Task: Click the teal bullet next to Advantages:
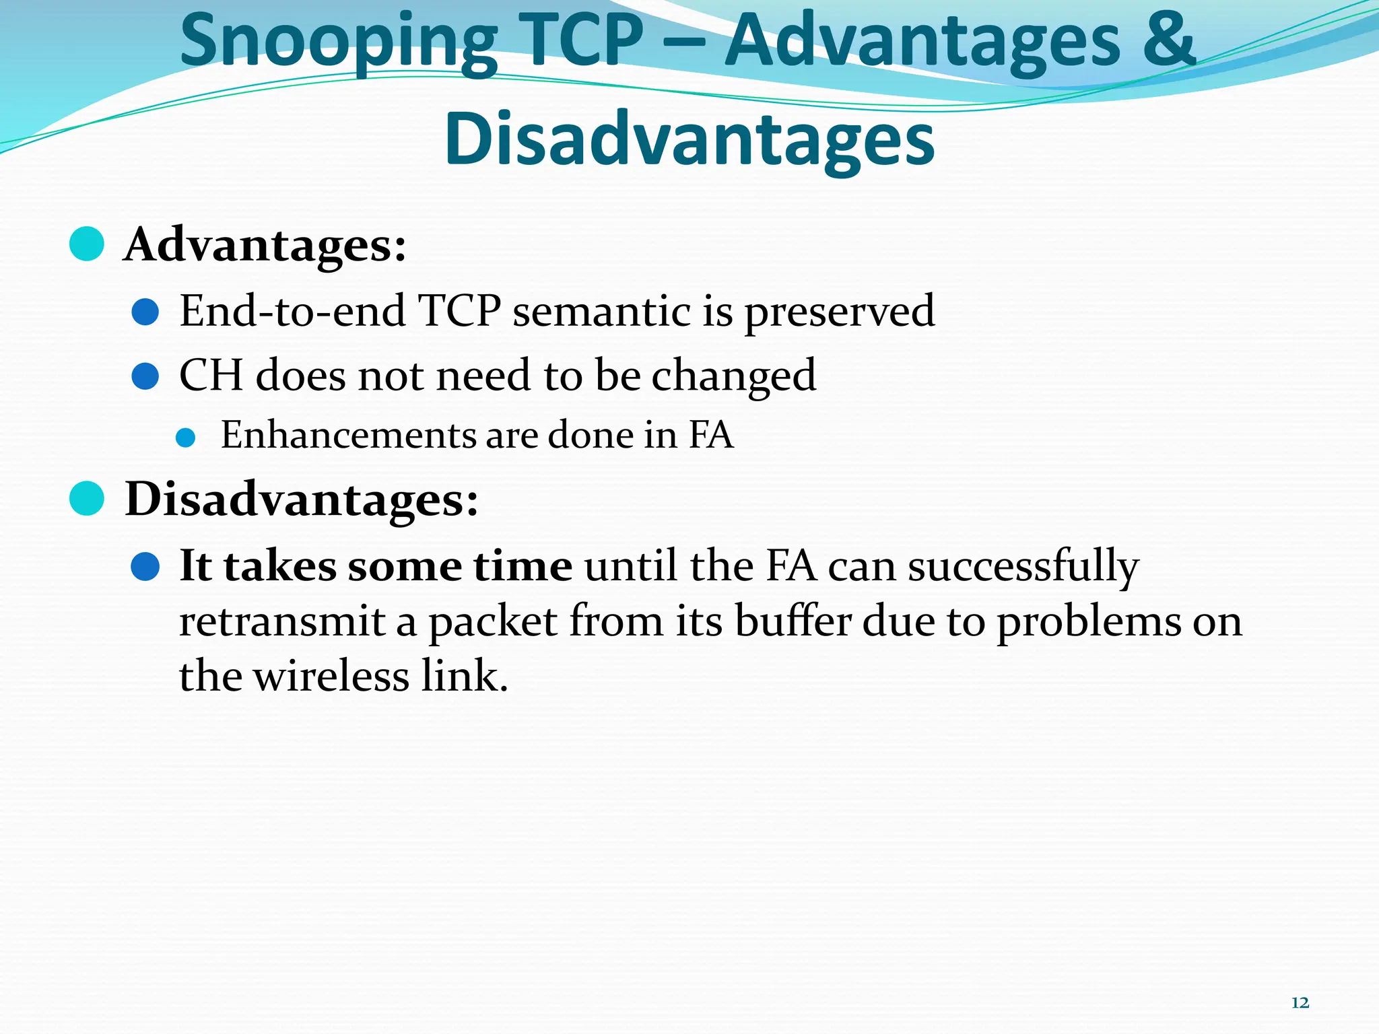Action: tap(87, 244)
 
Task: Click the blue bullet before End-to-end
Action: tap(145, 312)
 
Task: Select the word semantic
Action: tap(601, 312)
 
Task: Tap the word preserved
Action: tap(839, 312)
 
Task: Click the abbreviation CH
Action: tap(210, 375)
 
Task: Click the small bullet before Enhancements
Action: tap(185, 438)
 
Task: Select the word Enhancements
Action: tap(348, 435)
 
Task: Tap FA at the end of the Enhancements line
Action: tap(710, 435)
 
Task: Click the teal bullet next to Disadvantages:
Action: tap(87, 499)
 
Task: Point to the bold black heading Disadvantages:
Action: tap(302, 499)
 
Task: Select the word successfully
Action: tap(1023, 567)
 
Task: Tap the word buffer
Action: tap(793, 621)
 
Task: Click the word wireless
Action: tap(331, 676)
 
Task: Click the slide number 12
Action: tap(1300, 1003)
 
